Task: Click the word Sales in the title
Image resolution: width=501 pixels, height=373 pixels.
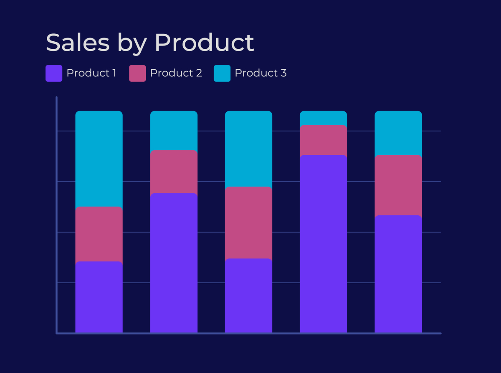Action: (x=77, y=42)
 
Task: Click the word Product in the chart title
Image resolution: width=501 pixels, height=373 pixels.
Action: (x=204, y=43)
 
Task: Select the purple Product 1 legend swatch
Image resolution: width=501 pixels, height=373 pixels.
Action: (x=54, y=73)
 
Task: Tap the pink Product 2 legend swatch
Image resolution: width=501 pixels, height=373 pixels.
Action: (x=137, y=73)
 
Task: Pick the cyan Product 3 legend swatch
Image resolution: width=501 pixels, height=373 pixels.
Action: (x=222, y=73)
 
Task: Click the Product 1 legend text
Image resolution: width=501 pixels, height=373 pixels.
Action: (x=91, y=73)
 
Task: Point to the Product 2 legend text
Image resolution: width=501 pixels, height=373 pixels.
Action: (x=176, y=73)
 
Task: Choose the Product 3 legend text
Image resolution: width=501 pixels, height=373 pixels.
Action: (x=261, y=73)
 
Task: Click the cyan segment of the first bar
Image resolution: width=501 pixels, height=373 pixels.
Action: (x=99, y=159)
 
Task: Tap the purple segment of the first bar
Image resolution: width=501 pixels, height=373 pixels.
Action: (x=99, y=297)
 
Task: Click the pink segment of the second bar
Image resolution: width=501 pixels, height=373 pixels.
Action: (x=174, y=171)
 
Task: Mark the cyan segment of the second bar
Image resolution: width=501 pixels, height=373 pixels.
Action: (x=174, y=130)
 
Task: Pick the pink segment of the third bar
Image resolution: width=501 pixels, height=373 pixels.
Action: (x=248, y=223)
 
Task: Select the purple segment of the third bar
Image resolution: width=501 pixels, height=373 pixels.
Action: (x=248, y=296)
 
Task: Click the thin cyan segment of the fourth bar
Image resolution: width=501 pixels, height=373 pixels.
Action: (x=324, y=118)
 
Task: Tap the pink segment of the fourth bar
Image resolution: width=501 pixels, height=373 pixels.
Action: (x=324, y=140)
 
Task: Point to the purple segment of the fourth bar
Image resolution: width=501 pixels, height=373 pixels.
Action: (x=324, y=244)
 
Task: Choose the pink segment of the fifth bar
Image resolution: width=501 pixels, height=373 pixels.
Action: (x=398, y=185)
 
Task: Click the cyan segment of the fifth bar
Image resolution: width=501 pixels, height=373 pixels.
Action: (x=398, y=133)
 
